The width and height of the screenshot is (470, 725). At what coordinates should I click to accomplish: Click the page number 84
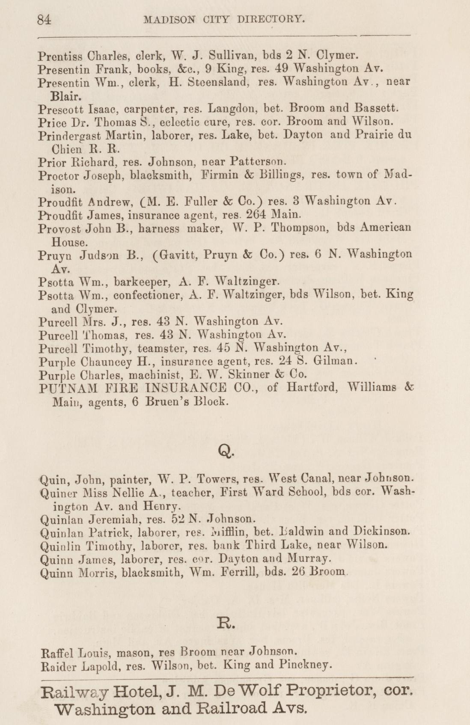44,20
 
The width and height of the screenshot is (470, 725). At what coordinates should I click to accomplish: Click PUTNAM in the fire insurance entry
68,388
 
